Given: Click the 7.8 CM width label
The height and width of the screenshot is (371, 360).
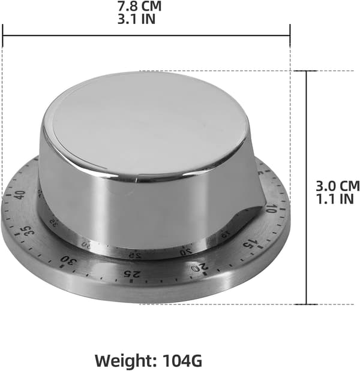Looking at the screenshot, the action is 139,6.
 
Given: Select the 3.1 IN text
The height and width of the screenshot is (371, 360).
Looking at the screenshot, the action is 136,19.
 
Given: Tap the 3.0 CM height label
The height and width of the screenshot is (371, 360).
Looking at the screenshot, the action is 338,186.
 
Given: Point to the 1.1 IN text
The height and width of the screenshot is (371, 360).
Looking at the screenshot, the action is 335,199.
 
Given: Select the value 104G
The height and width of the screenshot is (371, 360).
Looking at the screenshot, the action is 182,360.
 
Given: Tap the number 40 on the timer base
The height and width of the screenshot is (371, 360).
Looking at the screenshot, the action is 20,195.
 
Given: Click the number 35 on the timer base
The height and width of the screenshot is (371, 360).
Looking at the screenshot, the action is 28,230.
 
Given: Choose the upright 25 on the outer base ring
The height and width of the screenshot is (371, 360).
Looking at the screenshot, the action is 131,274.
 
